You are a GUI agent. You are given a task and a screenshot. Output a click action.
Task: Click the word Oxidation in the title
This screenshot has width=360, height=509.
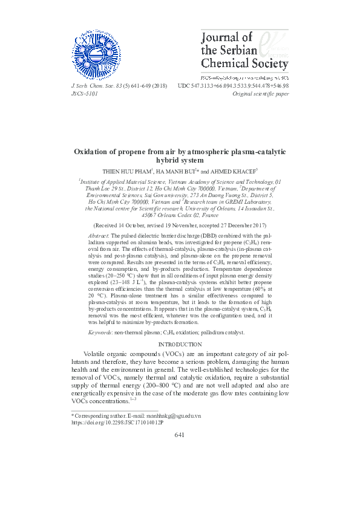(x=93, y=152)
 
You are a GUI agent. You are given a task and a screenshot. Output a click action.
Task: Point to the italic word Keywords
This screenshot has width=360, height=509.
(x=100, y=332)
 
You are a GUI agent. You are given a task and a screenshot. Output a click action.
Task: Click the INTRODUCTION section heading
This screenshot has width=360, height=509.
(x=180, y=344)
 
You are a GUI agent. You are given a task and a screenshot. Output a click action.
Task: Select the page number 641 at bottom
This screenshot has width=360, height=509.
(x=180, y=435)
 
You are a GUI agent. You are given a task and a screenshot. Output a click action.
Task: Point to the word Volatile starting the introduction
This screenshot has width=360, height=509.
(x=98, y=353)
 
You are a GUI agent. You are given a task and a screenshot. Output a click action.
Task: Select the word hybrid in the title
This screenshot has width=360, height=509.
(x=169, y=161)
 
